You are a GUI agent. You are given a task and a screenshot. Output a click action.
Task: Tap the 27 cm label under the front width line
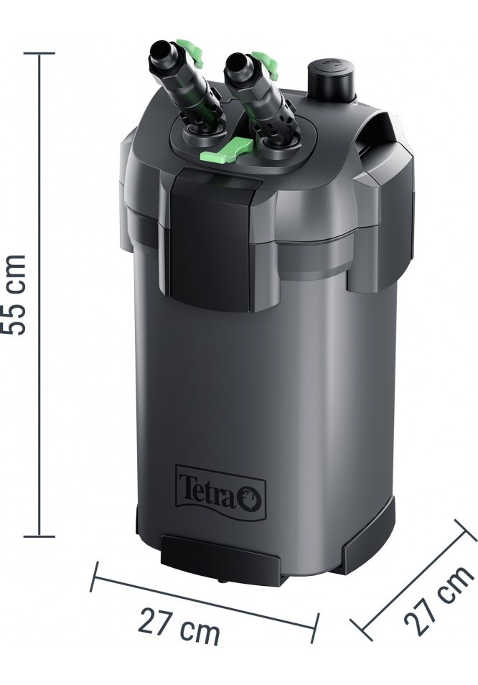179,624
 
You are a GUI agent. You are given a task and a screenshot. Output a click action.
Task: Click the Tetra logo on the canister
220,490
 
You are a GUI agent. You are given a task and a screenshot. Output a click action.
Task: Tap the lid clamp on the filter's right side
380,230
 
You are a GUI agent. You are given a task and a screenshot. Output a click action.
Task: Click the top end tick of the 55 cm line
39,53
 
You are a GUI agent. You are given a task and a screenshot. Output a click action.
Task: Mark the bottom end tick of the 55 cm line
39,536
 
